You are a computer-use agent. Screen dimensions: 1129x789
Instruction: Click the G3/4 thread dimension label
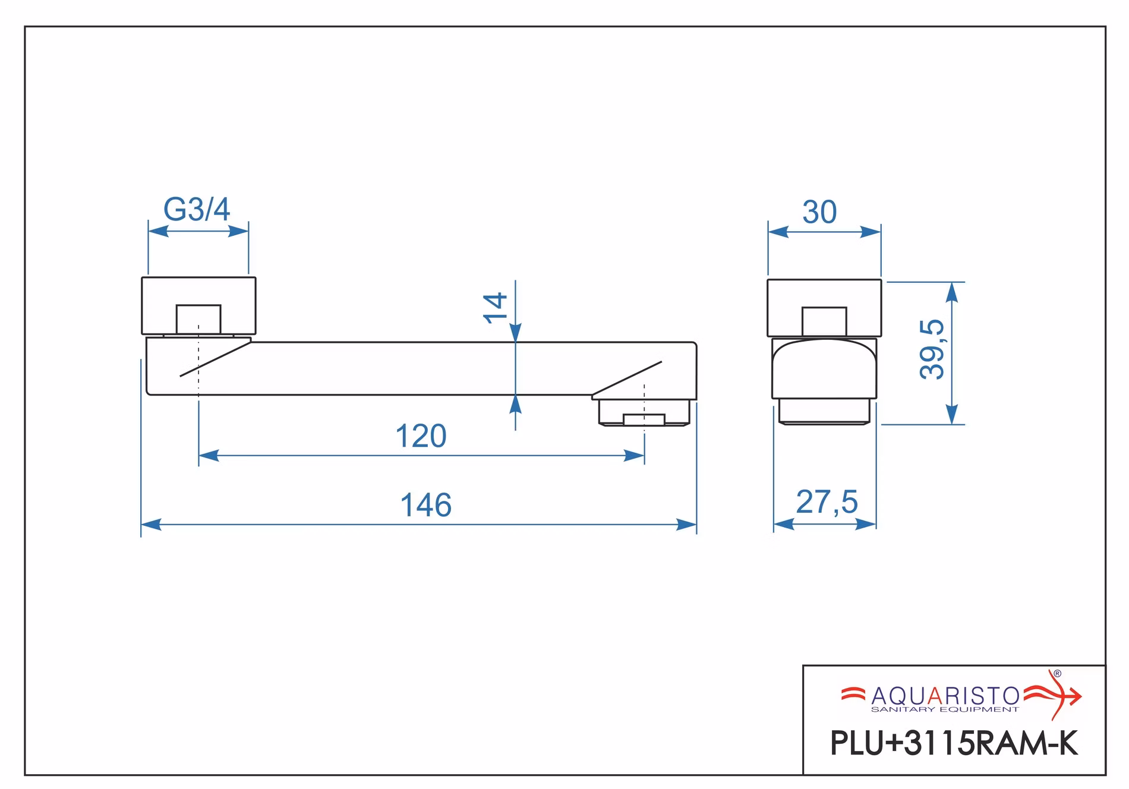point(197,209)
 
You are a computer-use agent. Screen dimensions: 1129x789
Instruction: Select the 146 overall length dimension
point(425,506)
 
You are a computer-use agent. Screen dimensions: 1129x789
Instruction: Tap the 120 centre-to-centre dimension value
point(421,437)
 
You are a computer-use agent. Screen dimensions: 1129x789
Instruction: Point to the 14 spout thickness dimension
point(496,307)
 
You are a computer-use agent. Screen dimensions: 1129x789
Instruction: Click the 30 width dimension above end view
point(819,212)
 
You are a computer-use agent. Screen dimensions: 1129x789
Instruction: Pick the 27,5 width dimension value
point(827,503)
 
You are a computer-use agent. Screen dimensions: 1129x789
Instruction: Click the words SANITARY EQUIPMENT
point(945,709)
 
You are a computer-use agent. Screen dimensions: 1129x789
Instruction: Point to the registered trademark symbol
point(1057,674)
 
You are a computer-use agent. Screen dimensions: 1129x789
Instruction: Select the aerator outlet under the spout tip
point(644,413)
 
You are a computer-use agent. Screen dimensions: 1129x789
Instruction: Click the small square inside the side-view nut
point(198,320)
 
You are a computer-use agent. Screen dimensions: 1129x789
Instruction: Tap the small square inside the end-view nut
point(824,322)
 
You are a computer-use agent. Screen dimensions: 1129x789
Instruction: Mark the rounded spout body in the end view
point(825,368)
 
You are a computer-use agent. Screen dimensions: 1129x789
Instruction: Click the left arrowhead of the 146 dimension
point(151,525)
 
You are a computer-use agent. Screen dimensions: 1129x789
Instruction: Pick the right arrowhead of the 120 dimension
point(634,456)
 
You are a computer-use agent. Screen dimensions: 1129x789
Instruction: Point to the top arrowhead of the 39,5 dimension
point(952,292)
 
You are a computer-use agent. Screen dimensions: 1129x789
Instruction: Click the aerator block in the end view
point(824,411)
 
